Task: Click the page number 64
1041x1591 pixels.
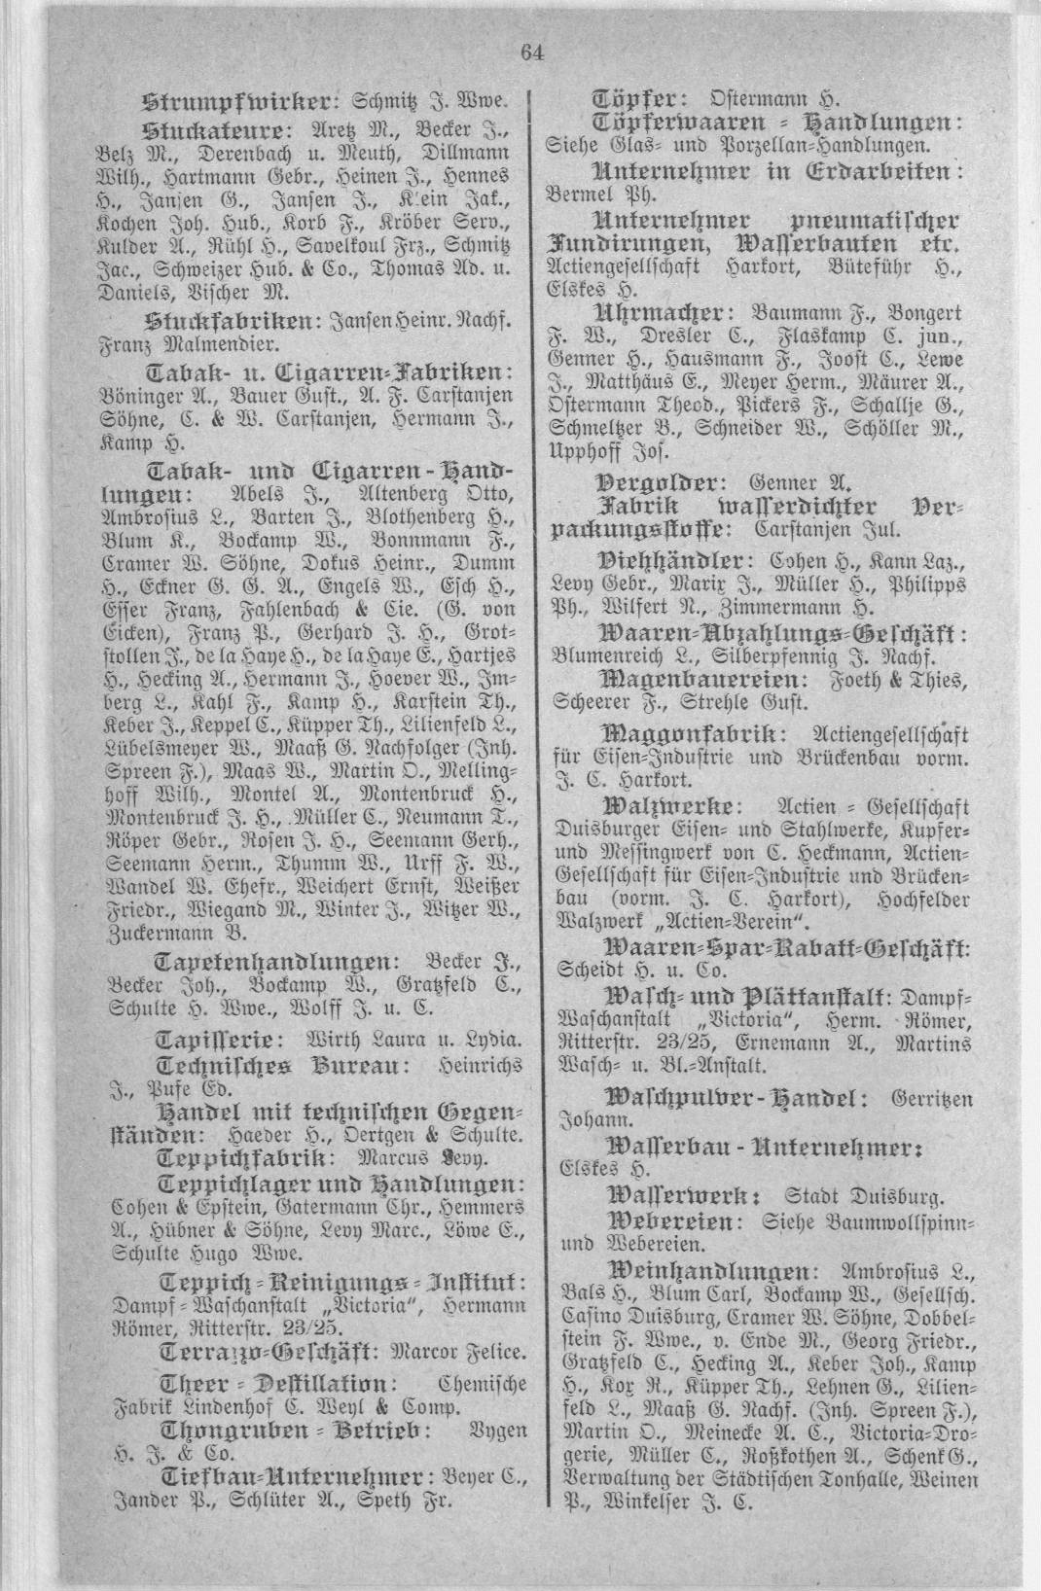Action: point(532,53)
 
